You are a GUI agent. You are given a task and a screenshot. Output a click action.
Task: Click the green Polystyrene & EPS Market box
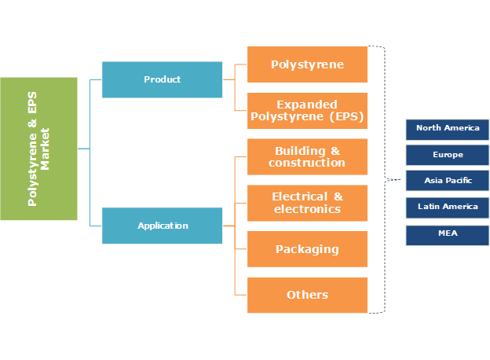tap(38, 148)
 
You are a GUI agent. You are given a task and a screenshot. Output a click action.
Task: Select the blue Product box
tap(162, 79)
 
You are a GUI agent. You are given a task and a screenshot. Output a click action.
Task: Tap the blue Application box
tap(162, 226)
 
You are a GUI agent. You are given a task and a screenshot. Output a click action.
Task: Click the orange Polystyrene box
tap(307, 64)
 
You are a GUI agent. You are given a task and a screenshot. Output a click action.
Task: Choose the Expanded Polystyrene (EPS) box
tap(307, 111)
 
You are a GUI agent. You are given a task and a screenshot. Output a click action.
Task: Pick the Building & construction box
tap(307, 156)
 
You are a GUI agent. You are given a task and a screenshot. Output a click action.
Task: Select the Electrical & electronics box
tap(307, 203)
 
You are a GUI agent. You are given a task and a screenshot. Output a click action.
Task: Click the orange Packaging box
tap(307, 249)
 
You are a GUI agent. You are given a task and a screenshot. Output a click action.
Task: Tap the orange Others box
tap(307, 295)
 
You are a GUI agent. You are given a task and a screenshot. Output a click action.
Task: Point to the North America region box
tap(448, 129)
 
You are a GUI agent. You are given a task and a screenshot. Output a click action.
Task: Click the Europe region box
tap(448, 155)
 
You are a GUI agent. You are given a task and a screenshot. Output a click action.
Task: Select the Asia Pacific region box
tap(448, 181)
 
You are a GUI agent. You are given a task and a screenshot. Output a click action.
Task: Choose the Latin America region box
tap(448, 208)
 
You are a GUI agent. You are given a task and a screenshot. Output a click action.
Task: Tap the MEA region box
tap(448, 234)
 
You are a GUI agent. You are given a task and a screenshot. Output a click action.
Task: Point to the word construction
tap(307, 163)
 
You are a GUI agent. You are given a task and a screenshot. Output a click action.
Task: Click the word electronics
tap(307, 209)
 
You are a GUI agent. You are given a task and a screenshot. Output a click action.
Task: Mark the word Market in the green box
tap(45, 148)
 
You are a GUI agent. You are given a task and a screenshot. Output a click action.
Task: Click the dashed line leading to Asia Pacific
tap(395, 180)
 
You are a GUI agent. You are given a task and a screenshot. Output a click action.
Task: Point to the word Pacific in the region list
tap(459, 181)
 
